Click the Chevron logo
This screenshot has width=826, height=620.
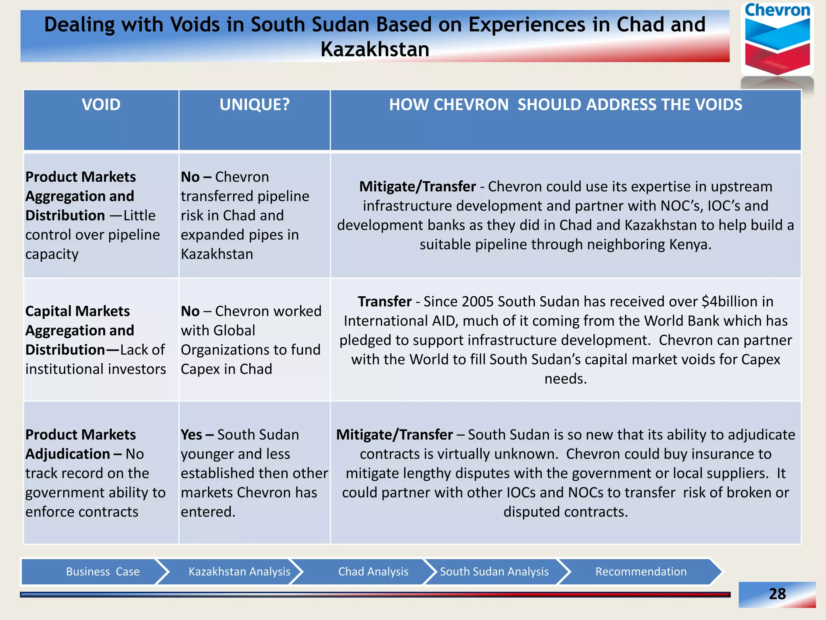tap(777, 40)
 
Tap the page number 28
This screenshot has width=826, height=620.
tap(777, 594)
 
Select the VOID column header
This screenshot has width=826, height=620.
tap(101, 105)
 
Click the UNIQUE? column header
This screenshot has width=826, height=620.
tap(254, 105)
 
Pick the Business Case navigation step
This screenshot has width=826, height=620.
tap(102, 572)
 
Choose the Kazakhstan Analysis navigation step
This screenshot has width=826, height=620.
tap(239, 572)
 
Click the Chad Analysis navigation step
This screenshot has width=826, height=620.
tap(373, 572)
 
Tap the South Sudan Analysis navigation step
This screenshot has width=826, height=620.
tap(494, 572)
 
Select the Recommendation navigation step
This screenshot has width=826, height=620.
tap(641, 572)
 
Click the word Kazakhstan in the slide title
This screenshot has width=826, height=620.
tap(375, 50)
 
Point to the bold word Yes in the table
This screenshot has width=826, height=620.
tap(192, 435)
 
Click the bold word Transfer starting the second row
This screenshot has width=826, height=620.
tap(385, 302)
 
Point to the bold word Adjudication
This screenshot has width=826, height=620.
tap(67, 454)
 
